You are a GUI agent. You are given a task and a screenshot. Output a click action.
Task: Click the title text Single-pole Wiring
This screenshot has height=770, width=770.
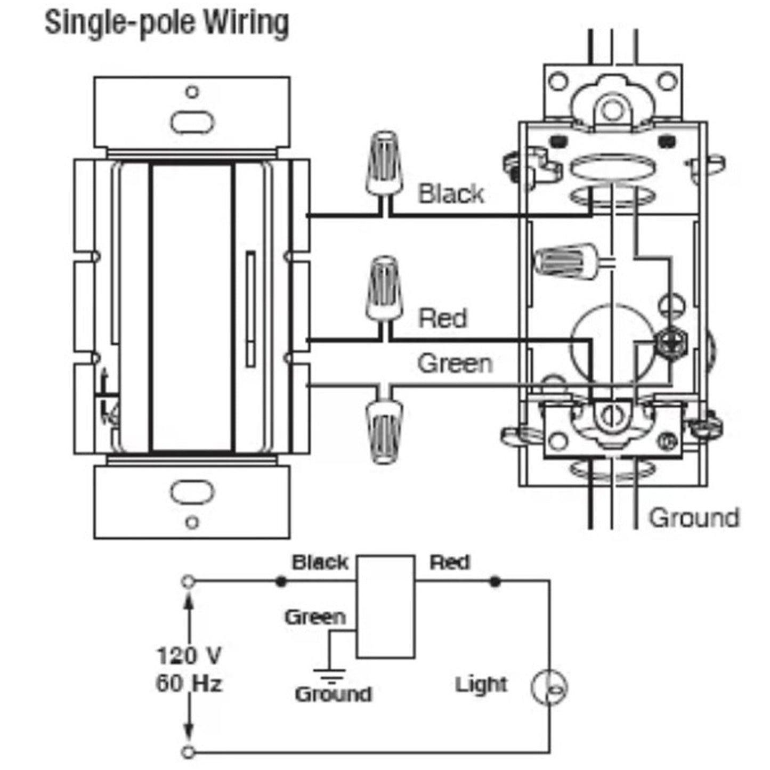(x=167, y=24)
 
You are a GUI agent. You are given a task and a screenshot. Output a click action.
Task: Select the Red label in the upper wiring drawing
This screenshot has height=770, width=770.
(x=442, y=318)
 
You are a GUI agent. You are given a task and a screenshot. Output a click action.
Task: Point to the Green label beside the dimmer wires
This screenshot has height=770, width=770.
(x=455, y=363)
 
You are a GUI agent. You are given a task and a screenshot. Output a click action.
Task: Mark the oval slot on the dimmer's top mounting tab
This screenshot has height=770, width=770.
(x=192, y=121)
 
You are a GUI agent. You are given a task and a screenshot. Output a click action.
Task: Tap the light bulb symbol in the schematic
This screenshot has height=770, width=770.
(x=549, y=687)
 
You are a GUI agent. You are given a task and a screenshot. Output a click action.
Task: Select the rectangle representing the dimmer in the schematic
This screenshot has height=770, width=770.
(x=385, y=606)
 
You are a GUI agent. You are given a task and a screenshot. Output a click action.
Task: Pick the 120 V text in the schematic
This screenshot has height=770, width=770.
(x=189, y=655)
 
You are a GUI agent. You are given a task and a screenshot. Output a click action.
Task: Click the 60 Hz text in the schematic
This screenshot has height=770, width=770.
(x=189, y=683)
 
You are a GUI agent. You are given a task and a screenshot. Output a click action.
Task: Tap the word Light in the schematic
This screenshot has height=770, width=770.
(x=481, y=685)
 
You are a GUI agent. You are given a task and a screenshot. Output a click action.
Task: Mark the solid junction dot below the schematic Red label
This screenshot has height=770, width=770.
(x=495, y=581)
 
